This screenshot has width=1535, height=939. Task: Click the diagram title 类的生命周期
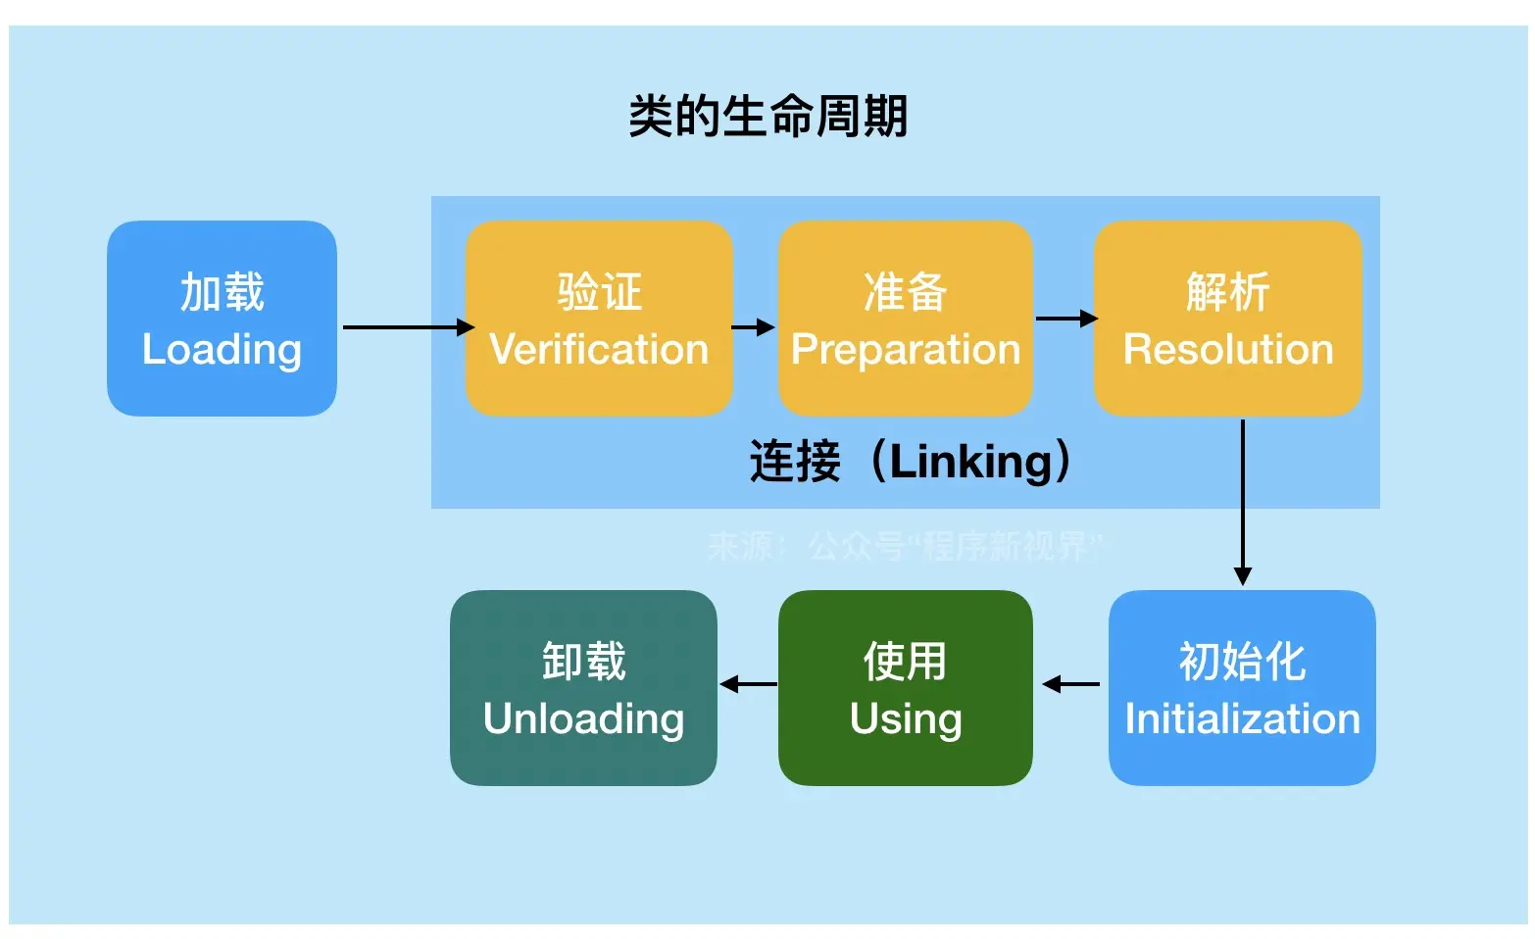pyautogui.click(x=767, y=117)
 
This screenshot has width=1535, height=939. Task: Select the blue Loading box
pyautogui.click(x=222, y=319)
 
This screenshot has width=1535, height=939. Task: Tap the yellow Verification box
pyautogui.click(x=599, y=319)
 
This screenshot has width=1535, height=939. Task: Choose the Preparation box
pyautogui.click(x=905, y=319)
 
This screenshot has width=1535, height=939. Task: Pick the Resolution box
pyautogui.click(x=1227, y=319)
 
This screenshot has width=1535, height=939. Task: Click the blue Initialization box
pyautogui.click(x=1242, y=688)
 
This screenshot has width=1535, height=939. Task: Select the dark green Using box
pyautogui.click(x=905, y=688)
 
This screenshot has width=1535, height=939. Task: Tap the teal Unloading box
pyautogui.click(x=583, y=688)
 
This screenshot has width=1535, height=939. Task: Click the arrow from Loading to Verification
pyautogui.click(x=407, y=327)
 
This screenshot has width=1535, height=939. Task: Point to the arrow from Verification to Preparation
pyautogui.click(x=753, y=327)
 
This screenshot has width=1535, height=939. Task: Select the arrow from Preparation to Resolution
pyautogui.click(x=1065, y=319)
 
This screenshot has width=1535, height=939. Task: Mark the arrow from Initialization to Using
pyautogui.click(x=1070, y=684)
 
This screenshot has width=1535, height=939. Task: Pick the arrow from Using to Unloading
pyautogui.click(x=748, y=684)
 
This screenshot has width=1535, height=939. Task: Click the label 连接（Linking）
pyautogui.click(x=911, y=461)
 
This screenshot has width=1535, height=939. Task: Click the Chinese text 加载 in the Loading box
pyautogui.click(x=222, y=292)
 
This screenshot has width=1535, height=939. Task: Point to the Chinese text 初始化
pyautogui.click(x=1242, y=662)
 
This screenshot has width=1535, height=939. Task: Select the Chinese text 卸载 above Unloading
pyautogui.click(x=583, y=662)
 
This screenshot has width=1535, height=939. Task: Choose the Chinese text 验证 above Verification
pyautogui.click(x=599, y=292)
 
